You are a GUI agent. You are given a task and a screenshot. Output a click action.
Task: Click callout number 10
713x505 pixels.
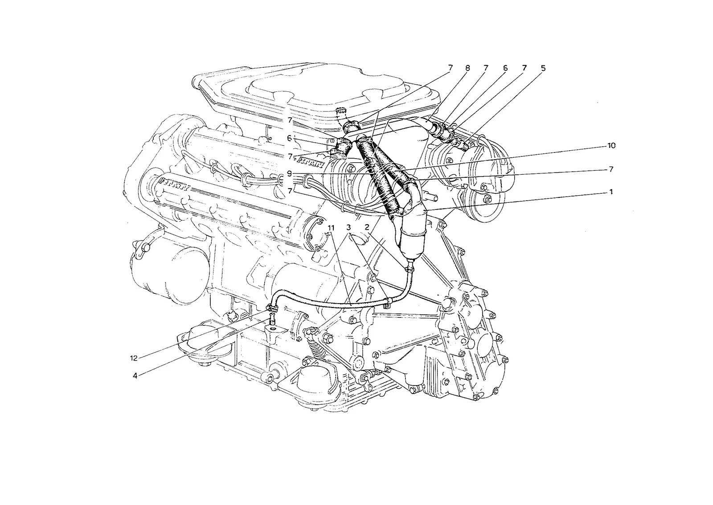(x=611, y=145)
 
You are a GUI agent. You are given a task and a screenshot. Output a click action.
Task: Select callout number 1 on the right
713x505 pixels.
(x=611, y=192)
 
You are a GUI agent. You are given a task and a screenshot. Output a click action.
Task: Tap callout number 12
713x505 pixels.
(x=134, y=358)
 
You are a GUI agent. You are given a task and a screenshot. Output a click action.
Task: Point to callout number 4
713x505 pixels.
(x=135, y=376)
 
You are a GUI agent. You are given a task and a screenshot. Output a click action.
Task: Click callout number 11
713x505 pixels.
(x=332, y=228)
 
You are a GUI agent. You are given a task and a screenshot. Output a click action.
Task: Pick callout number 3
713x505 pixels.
(x=349, y=227)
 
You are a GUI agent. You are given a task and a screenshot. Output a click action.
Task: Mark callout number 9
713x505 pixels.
(x=289, y=173)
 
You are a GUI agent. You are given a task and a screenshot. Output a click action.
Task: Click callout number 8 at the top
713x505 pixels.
(x=467, y=68)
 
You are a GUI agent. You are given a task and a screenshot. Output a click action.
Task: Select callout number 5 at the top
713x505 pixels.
(x=543, y=68)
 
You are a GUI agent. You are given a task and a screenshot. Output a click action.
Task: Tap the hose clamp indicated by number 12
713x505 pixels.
(x=271, y=307)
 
